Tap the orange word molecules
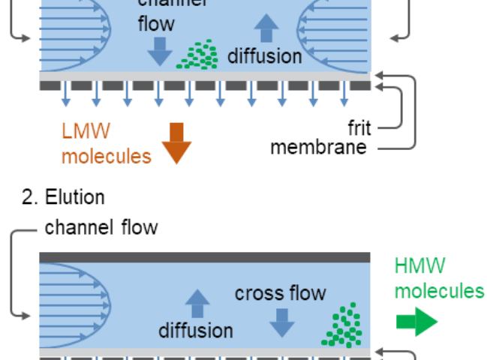click(x=106, y=156)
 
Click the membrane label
click(x=318, y=146)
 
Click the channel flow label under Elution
click(x=101, y=227)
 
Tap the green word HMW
click(x=419, y=265)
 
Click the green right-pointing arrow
click(x=416, y=322)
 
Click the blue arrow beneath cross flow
click(x=282, y=321)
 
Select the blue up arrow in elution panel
click(x=197, y=304)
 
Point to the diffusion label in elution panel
click(x=195, y=330)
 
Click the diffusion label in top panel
click(x=264, y=55)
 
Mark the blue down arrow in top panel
click(x=160, y=50)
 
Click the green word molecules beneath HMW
click(x=439, y=291)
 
